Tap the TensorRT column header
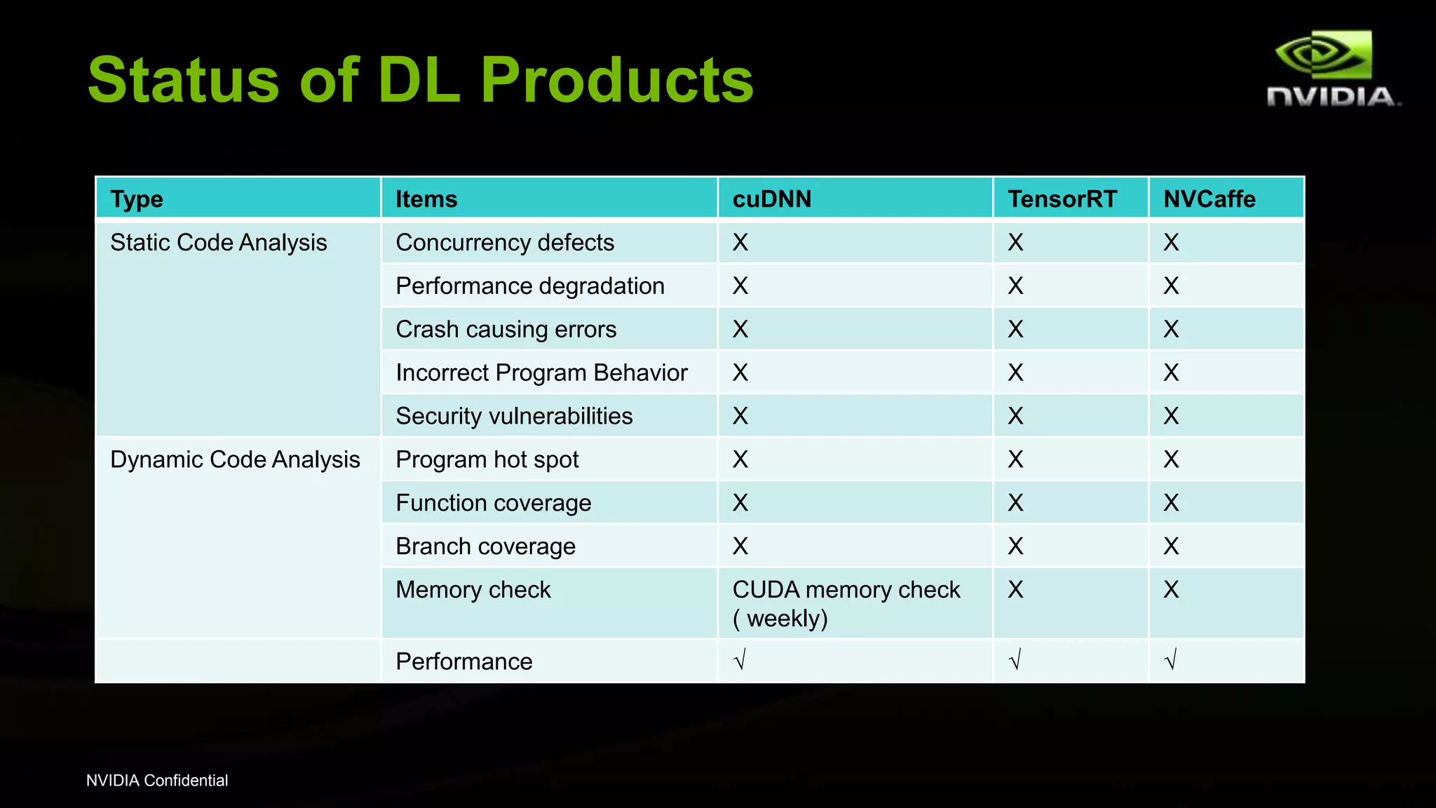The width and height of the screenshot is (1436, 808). (1062, 199)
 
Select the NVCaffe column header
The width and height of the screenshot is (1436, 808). (1209, 199)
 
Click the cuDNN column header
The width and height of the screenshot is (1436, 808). (771, 199)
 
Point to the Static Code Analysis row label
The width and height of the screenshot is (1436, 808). (218, 243)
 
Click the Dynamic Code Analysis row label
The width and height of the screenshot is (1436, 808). (235, 459)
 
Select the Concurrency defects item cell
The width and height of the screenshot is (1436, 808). (504, 243)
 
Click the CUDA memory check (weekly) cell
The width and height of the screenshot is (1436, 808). (845, 603)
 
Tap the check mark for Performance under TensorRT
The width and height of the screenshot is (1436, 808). (1015, 660)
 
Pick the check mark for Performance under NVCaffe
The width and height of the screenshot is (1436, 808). (1170, 660)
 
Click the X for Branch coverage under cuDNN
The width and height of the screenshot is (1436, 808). (740, 546)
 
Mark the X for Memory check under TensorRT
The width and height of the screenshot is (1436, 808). (1015, 590)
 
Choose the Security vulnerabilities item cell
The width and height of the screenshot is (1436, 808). (514, 416)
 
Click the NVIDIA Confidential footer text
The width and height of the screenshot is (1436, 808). (157, 781)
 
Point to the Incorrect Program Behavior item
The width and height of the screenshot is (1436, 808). (541, 372)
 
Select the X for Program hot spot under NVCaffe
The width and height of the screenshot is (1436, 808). (1171, 459)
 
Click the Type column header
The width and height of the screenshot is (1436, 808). (137, 199)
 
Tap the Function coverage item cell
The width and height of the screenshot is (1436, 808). (493, 503)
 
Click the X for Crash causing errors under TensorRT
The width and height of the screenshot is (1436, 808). (1015, 329)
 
